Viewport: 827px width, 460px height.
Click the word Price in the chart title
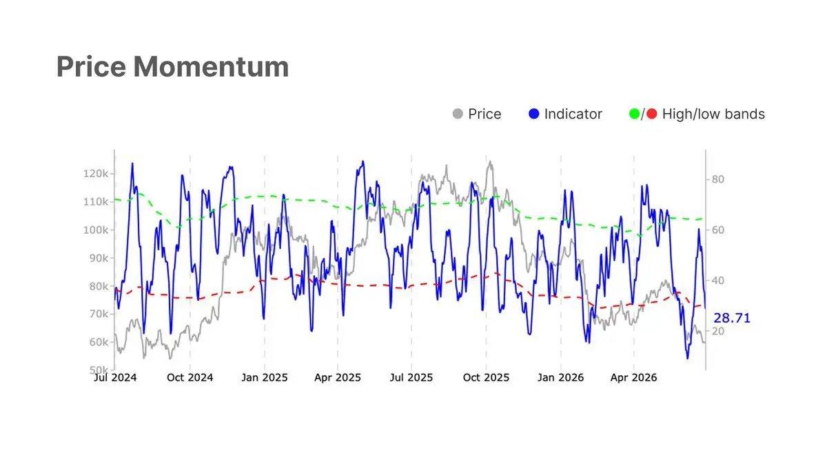click(91, 68)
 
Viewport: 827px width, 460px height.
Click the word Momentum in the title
click(211, 67)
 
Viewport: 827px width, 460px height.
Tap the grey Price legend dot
click(458, 114)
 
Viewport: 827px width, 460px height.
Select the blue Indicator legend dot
click(534, 114)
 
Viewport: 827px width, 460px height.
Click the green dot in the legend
click(634, 114)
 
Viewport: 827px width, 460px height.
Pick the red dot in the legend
click(652, 114)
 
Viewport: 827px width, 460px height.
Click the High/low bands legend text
click(713, 114)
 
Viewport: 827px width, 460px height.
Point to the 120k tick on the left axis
click(96, 174)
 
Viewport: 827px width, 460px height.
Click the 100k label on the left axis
click(96, 230)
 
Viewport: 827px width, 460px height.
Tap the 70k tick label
click(99, 314)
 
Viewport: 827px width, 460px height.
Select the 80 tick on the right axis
click(718, 179)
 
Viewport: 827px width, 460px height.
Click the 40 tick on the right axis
click(718, 281)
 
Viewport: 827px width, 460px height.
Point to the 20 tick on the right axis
click(718, 332)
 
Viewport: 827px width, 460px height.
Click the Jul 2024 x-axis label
click(115, 378)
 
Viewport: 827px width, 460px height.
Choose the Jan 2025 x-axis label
click(265, 378)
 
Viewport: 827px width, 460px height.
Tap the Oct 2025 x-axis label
click(486, 378)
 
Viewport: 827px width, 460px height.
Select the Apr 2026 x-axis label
click(633, 378)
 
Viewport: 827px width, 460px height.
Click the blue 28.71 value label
click(732, 318)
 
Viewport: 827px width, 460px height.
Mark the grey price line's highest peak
click(490, 161)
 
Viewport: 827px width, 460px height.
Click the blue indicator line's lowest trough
click(688, 358)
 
